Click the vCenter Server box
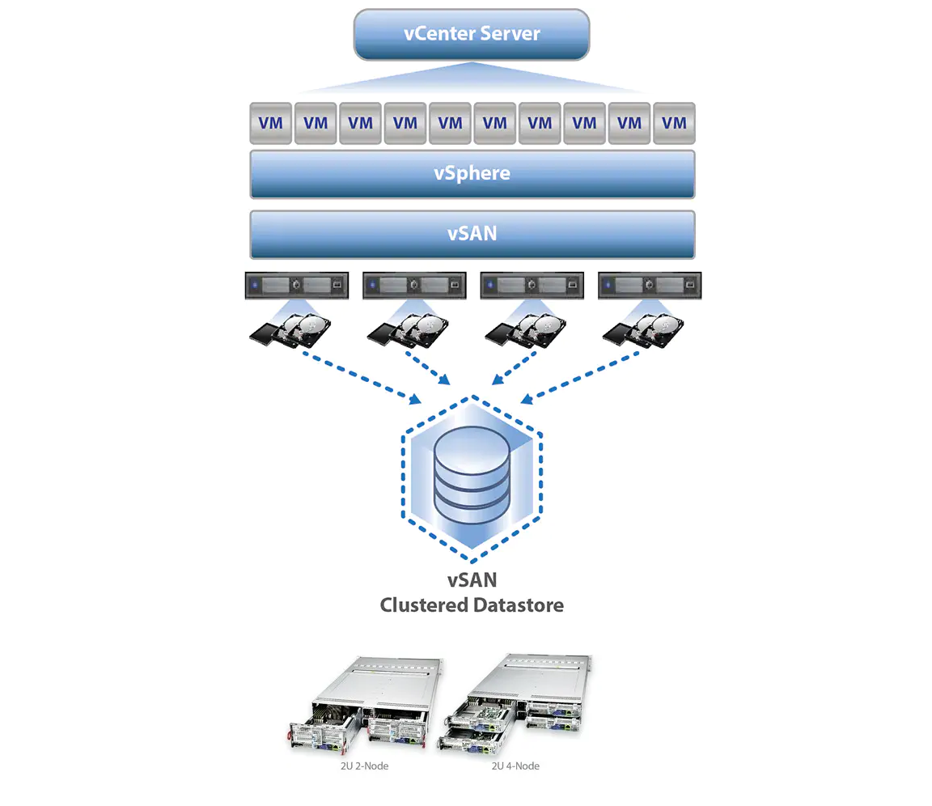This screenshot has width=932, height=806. tap(472, 34)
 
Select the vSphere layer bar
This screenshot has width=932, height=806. tap(472, 173)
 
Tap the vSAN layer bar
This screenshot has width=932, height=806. tap(472, 234)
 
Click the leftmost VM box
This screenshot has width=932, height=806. tap(270, 123)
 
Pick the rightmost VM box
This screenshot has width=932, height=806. tap(674, 123)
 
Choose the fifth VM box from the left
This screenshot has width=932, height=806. tap(450, 123)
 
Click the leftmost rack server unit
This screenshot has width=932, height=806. tap(296, 286)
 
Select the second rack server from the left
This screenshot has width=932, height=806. tap(414, 286)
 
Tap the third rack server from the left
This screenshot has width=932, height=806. tap(532, 286)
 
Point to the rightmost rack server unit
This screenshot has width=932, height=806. tap(649, 286)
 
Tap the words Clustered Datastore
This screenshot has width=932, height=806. tap(472, 604)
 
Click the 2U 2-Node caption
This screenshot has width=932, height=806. tap(364, 766)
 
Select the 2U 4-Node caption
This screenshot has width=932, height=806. tap(515, 766)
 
